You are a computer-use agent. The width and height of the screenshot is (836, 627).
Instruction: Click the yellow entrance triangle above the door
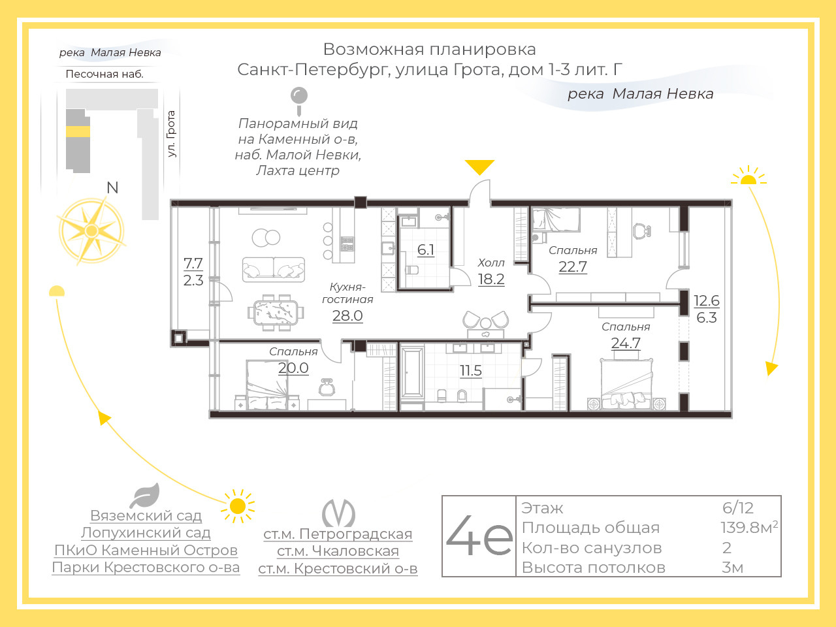479,167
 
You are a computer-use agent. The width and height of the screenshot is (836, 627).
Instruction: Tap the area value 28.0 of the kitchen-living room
347,316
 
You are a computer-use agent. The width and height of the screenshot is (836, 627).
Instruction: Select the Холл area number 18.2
491,280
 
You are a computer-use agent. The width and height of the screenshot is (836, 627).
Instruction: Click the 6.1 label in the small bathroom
426,249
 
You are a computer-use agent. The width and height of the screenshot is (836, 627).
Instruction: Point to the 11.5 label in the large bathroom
471,370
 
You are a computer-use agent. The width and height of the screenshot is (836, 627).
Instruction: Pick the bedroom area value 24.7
626,344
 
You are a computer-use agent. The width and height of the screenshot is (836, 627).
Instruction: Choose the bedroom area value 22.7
573,267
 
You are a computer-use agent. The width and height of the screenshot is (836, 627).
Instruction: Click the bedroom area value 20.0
293,368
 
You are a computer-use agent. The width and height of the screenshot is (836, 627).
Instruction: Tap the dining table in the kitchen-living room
276,312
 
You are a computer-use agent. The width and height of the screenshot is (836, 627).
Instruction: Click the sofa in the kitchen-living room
274,270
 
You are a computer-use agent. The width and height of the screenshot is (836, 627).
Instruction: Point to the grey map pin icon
299,101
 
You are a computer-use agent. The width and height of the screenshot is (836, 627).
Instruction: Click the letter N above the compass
112,187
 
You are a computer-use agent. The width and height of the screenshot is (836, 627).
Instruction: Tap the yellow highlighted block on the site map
78,131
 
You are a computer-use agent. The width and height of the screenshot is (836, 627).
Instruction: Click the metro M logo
338,513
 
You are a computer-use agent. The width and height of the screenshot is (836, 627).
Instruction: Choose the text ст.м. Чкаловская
338,551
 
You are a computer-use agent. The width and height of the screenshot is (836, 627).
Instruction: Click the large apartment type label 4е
479,536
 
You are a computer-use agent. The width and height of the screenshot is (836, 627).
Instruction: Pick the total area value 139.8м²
749,527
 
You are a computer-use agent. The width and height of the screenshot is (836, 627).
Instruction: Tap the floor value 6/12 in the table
738,507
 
